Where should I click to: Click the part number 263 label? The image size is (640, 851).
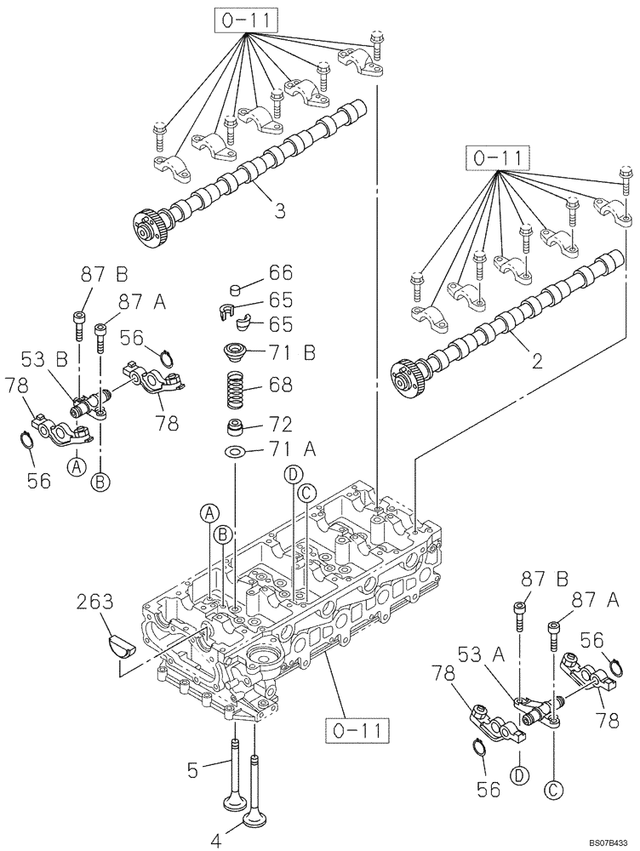tap(96, 603)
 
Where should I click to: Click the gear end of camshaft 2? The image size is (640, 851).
tap(406, 376)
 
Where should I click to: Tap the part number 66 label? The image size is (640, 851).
tap(280, 272)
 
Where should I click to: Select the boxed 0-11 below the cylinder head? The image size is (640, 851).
tap(358, 729)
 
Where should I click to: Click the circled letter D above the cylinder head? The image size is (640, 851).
tap(292, 473)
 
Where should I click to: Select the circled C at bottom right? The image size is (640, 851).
tap(552, 791)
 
